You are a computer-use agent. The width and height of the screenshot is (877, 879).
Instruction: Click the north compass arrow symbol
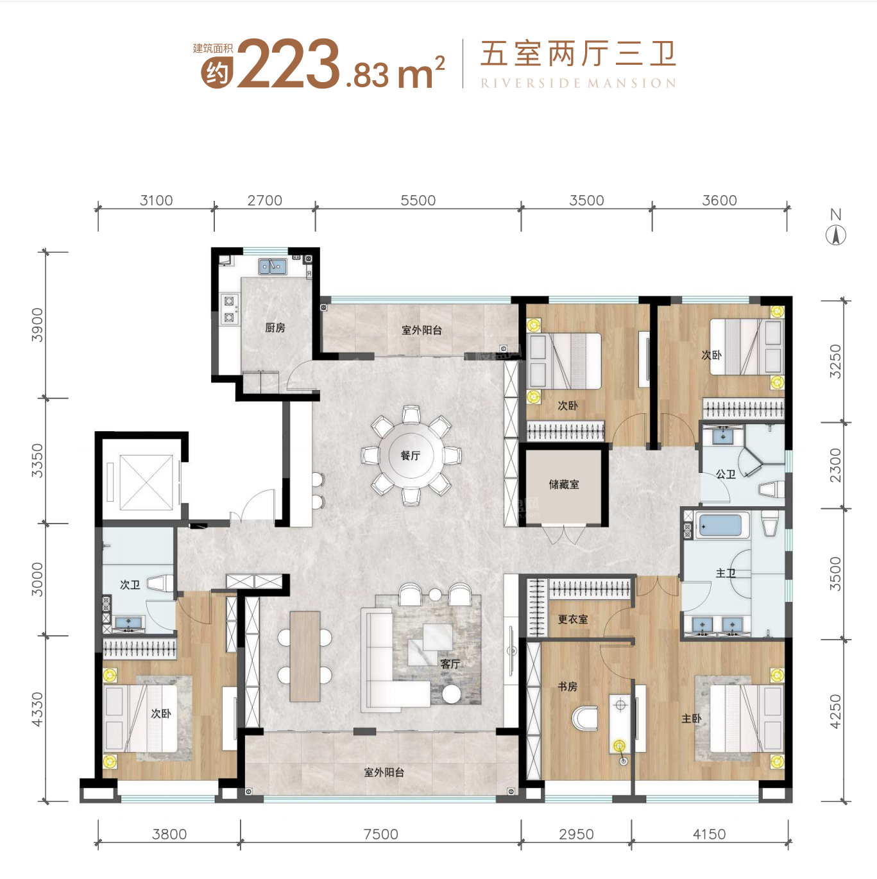click(x=835, y=235)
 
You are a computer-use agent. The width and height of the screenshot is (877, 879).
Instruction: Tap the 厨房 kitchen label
click(x=275, y=328)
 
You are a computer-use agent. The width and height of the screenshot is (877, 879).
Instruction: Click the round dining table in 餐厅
click(x=411, y=456)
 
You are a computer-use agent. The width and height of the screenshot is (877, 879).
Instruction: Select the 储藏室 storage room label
click(x=563, y=484)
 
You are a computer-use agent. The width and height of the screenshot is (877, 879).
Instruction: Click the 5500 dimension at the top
click(x=418, y=200)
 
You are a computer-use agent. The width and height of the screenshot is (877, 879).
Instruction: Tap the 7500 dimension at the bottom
click(x=380, y=834)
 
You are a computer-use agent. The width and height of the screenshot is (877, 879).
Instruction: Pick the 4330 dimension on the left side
click(x=37, y=710)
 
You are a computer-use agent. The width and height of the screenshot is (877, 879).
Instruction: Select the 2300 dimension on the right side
click(x=835, y=465)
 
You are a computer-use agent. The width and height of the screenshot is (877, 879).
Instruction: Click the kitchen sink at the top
click(x=273, y=266)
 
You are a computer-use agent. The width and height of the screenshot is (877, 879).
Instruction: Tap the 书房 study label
click(x=567, y=687)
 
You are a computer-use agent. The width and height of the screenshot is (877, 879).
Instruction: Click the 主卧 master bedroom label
click(x=691, y=719)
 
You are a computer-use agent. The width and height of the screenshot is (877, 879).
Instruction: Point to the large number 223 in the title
click(x=288, y=64)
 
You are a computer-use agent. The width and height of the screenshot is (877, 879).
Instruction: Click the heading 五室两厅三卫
click(x=578, y=54)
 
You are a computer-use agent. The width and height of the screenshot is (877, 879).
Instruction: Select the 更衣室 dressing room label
click(x=572, y=619)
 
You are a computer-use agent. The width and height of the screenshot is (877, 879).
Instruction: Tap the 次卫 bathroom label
click(x=130, y=585)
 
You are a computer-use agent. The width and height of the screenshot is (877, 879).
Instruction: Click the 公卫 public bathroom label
click(x=726, y=474)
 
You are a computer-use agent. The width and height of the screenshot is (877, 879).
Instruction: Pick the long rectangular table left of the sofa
click(x=305, y=656)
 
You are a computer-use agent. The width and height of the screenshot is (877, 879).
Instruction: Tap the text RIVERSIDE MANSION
click(x=578, y=83)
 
